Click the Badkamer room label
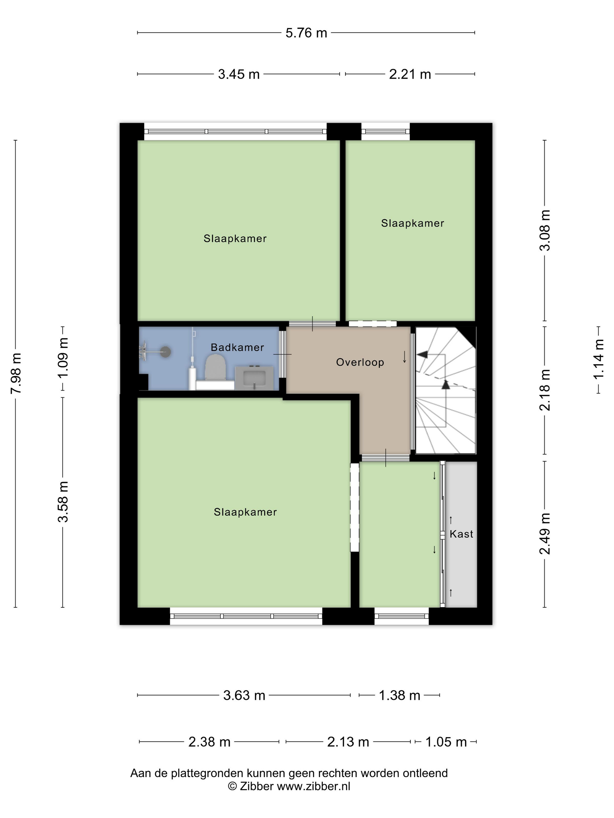pyautogui.click(x=237, y=347)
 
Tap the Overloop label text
pyautogui.click(x=360, y=363)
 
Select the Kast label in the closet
pyautogui.click(x=461, y=534)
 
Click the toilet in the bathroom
pyautogui.click(x=215, y=367)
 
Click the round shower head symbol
pyautogui.click(x=165, y=351)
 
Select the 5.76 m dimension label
pyautogui.click(x=306, y=33)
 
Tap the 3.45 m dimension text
pyautogui.click(x=239, y=74)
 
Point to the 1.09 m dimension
pyautogui.click(x=63, y=358)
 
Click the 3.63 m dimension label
pyautogui.click(x=244, y=696)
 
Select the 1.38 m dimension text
pyautogui.click(x=399, y=696)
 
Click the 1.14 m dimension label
pyautogui.click(x=599, y=359)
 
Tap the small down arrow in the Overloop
pyautogui.click(x=405, y=357)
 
